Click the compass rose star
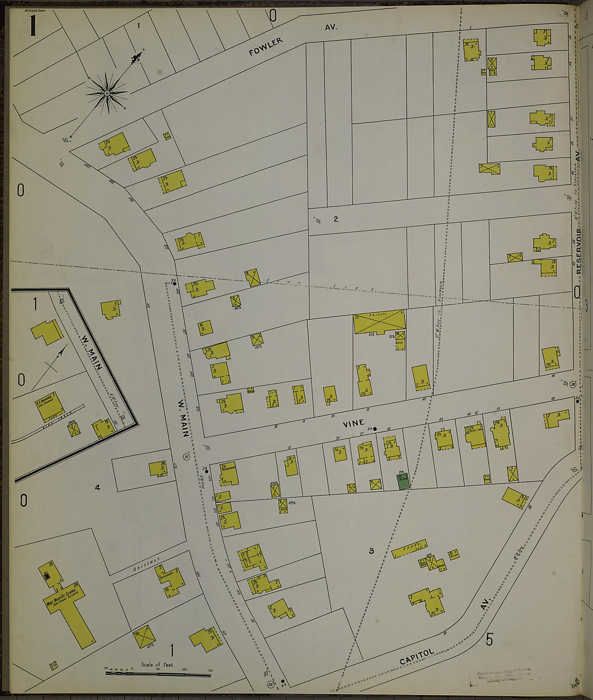(107, 93)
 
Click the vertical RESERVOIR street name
(578, 251)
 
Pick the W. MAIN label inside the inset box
(92, 353)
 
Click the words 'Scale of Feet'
(157, 664)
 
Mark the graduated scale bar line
(157, 674)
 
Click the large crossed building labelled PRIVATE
(379, 322)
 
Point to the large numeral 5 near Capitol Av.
(489, 640)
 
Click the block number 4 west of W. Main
(98, 488)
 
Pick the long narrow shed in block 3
(409, 548)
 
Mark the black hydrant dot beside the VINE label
(375, 429)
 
